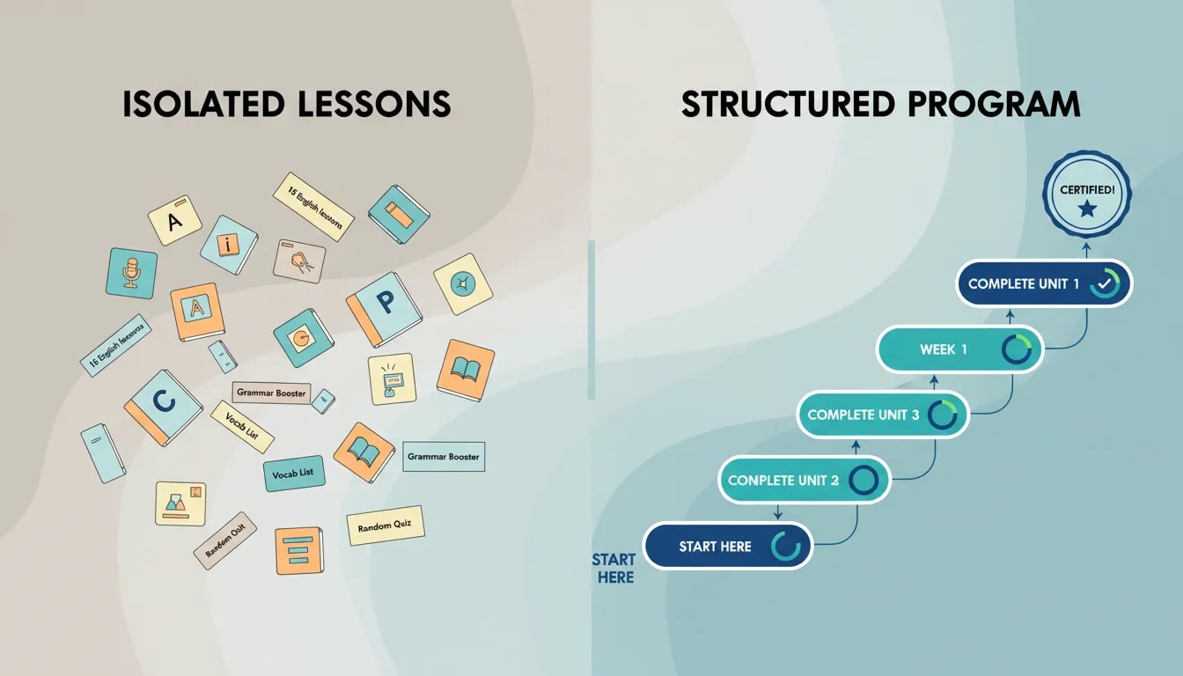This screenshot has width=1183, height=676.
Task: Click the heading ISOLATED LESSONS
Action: click(286, 104)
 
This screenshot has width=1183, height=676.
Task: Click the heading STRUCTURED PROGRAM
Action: click(880, 104)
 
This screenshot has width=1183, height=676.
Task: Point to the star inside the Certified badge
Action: click(1087, 209)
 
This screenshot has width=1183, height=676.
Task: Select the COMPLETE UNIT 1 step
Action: click(1044, 283)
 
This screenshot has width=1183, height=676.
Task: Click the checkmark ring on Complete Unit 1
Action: click(1104, 284)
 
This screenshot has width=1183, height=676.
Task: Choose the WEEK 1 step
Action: click(959, 349)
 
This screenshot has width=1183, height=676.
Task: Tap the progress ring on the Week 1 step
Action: click(1017, 350)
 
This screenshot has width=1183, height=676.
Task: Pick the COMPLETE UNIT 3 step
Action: click(882, 415)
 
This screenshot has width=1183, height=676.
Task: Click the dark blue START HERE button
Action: click(728, 547)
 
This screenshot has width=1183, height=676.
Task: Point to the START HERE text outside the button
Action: click(614, 569)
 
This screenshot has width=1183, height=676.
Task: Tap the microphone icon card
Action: click(131, 273)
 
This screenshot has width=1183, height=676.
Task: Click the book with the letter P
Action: click(384, 308)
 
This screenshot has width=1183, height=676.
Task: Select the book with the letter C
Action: click(163, 407)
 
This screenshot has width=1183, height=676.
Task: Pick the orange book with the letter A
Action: click(195, 312)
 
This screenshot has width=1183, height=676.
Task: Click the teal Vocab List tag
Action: click(294, 474)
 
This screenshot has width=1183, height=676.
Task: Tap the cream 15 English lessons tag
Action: click(313, 206)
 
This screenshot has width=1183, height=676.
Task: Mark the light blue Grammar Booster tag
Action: click(444, 457)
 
